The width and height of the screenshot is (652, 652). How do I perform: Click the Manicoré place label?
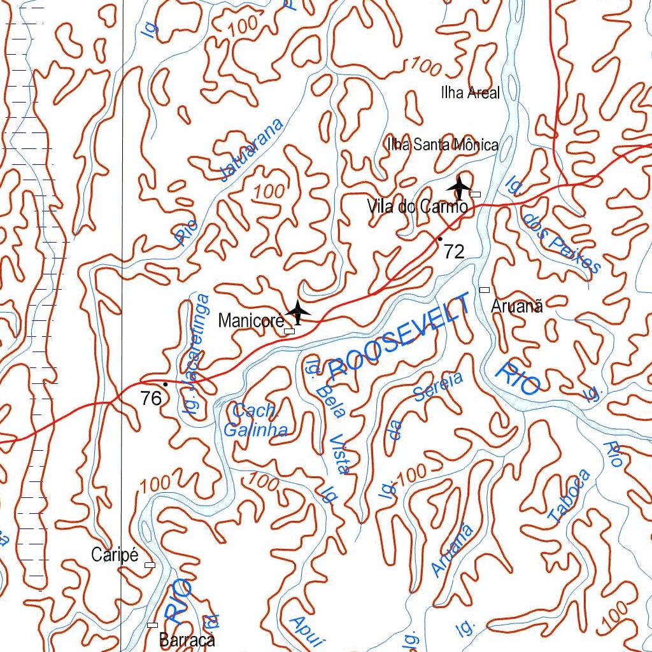coord(250,320)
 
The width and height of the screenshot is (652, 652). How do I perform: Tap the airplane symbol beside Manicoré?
coord(297,311)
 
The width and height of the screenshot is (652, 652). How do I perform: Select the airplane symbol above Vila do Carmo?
coord(458,187)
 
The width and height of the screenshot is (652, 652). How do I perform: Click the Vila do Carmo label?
coord(418,206)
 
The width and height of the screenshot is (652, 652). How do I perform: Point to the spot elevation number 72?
coord(454,252)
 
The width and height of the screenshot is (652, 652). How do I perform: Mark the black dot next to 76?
coord(165,385)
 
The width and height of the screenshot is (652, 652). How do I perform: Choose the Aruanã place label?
coord(517,306)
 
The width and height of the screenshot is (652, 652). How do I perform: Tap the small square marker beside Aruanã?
coord(484,290)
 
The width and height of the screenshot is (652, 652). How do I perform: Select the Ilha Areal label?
coord(470,93)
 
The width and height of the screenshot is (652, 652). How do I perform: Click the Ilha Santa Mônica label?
coord(443,145)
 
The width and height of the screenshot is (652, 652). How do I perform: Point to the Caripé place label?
coord(115,555)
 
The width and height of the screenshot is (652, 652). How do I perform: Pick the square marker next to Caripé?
coord(150,565)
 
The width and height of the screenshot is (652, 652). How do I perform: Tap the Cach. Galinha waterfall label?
coord(255,420)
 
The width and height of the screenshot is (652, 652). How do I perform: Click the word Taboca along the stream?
coord(570,497)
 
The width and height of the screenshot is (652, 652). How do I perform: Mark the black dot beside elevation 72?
coord(439,239)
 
